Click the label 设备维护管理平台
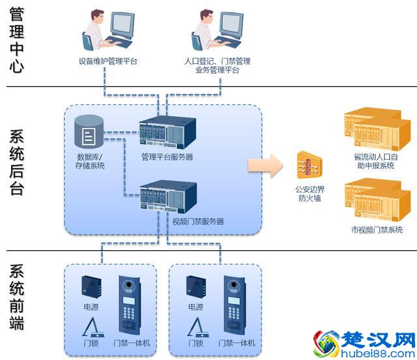(x=108, y=62)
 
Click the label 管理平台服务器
(x=167, y=157)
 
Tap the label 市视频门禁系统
(x=377, y=230)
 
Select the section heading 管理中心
(x=17, y=41)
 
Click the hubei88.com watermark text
(x=376, y=351)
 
